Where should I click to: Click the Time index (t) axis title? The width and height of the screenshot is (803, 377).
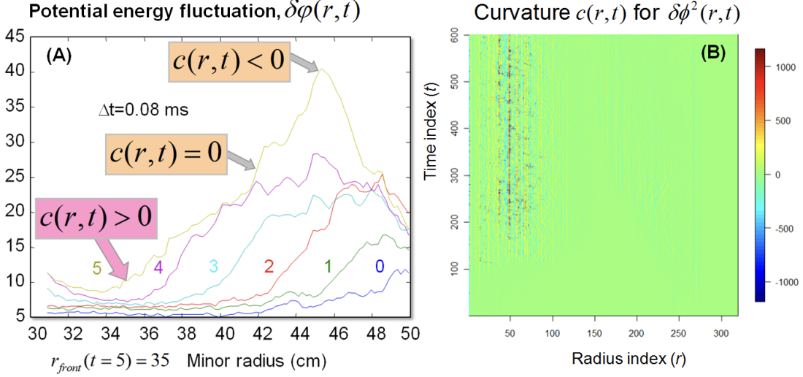click(x=433, y=175)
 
